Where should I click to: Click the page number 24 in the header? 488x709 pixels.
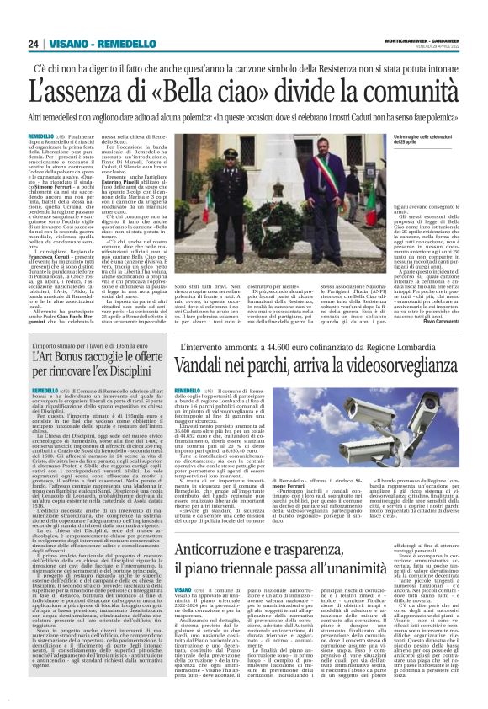click(x=34, y=44)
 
